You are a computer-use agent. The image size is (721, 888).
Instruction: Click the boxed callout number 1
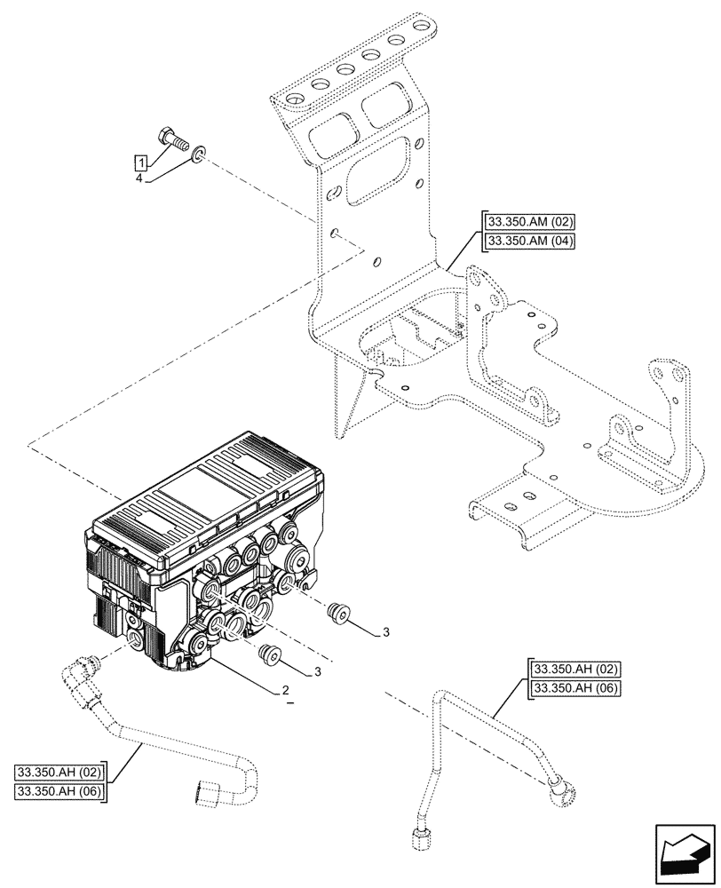click(x=140, y=162)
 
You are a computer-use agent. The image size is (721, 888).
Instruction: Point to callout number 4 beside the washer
click(x=140, y=178)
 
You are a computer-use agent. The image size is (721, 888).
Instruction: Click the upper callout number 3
click(x=386, y=631)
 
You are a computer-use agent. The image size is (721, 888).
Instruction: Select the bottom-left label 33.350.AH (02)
click(x=59, y=771)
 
